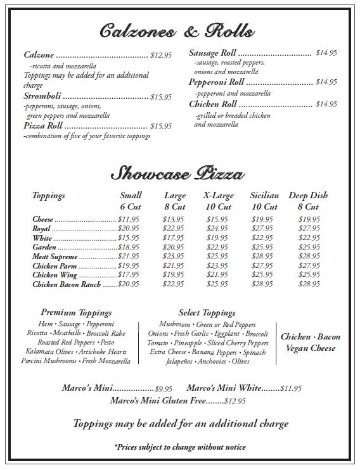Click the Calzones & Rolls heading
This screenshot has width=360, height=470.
pos(177,30)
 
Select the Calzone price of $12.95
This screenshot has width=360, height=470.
pos(161,56)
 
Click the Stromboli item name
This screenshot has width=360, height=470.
pos(42,97)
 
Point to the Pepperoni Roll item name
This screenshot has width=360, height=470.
pos(216,82)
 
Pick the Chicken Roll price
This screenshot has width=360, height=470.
pos(326,105)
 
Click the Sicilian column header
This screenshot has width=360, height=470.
pos(264,196)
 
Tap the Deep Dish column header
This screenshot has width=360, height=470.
pos(309,196)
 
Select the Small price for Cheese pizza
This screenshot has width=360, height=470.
pos(129,219)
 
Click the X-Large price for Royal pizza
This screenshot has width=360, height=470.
pos(217,229)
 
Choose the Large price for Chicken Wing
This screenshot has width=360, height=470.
pos(173,276)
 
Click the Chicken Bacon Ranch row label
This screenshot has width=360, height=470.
pos(67,285)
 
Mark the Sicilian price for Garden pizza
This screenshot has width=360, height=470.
pos(262,247)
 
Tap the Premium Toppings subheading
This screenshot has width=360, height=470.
pos(76,313)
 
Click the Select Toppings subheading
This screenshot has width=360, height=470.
pos(207,313)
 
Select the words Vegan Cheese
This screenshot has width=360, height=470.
pos(310,348)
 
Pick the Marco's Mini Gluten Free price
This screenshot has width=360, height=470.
pos(235,401)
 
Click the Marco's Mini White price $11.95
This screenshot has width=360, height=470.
pos(291,388)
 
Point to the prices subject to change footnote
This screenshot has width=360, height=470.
pos(180,447)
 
